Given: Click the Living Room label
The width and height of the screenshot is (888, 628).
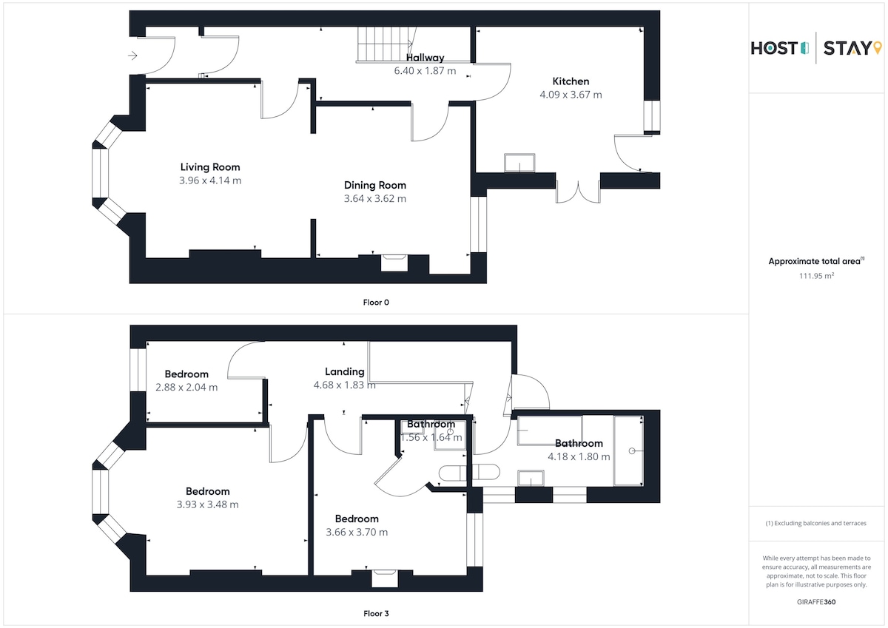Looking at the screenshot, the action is (210, 167).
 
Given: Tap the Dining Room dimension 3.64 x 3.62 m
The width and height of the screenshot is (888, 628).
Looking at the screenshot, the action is (375, 198).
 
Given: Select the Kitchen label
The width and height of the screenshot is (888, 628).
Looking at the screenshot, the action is (571, 81).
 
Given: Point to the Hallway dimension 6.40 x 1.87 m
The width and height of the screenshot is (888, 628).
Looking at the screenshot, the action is (425, 71).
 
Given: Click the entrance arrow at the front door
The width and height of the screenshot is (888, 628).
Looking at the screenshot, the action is (132, 55).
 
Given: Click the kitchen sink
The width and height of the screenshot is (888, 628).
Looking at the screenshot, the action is (519, 163).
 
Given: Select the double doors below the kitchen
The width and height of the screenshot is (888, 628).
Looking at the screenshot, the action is (578, 192).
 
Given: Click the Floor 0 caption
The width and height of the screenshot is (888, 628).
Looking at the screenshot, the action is (376, 303).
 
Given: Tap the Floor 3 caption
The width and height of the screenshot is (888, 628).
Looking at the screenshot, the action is (376, 613).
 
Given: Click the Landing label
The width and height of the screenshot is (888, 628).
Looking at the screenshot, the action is (345, 371).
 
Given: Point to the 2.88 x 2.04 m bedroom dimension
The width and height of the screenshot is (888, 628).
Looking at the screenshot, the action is (186, 387).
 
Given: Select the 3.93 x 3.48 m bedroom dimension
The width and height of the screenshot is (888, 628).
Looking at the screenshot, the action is (208, 504).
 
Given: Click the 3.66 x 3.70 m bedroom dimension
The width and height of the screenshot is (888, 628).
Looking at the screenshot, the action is (357, 532).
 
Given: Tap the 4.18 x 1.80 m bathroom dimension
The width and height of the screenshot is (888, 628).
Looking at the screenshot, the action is (579, 457).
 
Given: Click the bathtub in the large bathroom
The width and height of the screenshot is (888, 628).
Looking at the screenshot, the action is (628, 450).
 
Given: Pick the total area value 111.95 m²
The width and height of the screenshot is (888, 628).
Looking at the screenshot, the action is (816, 276).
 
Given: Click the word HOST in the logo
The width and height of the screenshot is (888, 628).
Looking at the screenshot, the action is (774, 48).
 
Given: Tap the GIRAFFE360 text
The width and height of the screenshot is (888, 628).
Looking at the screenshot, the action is (816, 602).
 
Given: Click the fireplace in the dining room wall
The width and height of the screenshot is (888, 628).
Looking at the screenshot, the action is (394, 263).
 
